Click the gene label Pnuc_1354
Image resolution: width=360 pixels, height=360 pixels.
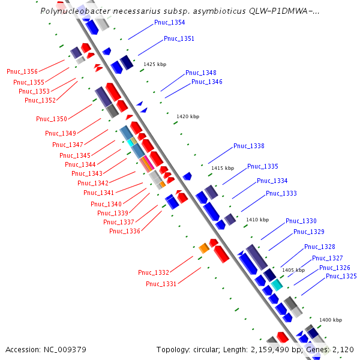point(169,23)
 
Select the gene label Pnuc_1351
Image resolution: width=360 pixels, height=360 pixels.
point(179,38)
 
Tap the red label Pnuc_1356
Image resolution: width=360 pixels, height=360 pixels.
point(22,72)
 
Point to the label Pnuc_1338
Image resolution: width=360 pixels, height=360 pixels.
point(249,146)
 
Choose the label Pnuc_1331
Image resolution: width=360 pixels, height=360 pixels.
point(161,284)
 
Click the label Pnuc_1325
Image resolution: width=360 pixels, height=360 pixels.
point(341,276)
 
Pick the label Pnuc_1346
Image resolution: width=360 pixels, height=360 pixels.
point(206,82)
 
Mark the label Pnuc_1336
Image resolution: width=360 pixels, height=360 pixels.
point(125,231)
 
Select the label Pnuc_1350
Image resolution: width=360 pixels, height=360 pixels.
point(52,119)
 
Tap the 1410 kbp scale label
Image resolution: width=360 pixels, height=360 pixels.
point(257,220)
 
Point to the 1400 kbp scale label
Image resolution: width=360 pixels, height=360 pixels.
point(330,320)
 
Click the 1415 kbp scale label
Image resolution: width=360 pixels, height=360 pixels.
point(222,168)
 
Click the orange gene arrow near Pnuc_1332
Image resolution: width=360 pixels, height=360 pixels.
point(203,247)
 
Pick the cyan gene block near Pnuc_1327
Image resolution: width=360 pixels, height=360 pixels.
point(276,284)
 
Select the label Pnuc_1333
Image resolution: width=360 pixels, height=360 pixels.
point(281,193)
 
